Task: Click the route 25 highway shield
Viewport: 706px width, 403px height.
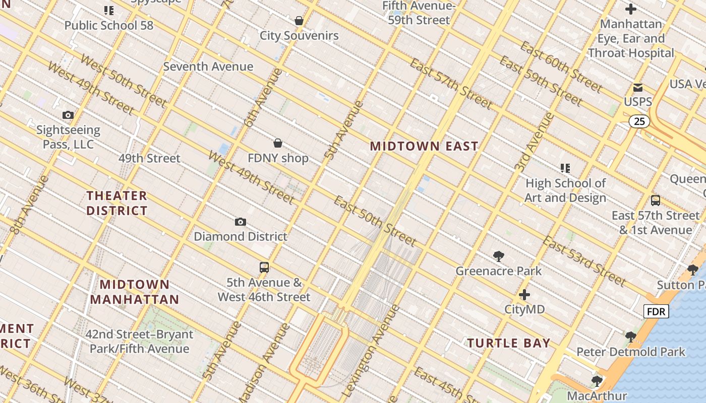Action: click(x=639, y=121)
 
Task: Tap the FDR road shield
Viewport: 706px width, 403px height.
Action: click(x=656, y=312)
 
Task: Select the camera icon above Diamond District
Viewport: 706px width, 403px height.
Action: click(x=241, y=222)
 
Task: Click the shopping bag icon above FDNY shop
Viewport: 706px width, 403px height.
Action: click(x=278, y=144)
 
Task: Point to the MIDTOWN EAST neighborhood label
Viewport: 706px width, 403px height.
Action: click(x=424, y=147)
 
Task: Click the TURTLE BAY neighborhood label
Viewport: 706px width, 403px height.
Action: click(x=508, y=344)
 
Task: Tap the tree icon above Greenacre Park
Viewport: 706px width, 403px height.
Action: click(x=499, y=256)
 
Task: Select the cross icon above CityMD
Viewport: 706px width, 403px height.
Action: click(x=524, y=295)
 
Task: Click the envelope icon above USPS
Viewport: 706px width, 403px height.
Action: click(x=638, y=88)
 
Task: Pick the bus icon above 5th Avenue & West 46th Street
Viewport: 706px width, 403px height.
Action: click(x=264, y=267)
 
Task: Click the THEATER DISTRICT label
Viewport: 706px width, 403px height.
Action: click(x=117, y=203)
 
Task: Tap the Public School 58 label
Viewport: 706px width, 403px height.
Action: click(x=109, y=25)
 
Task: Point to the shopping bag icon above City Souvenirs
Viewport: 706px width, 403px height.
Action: click(x=299, y=21)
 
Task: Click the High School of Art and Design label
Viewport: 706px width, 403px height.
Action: click(x=565, y=190)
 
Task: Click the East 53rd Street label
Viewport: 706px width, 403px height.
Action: click(x=584, y=261)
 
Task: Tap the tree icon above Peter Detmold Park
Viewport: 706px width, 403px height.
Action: click(x=630, y=337)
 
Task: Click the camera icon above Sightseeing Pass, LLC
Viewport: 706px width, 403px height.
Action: click(x=68, y=115)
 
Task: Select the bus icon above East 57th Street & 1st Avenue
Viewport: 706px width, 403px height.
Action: click(x=656, y=200)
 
